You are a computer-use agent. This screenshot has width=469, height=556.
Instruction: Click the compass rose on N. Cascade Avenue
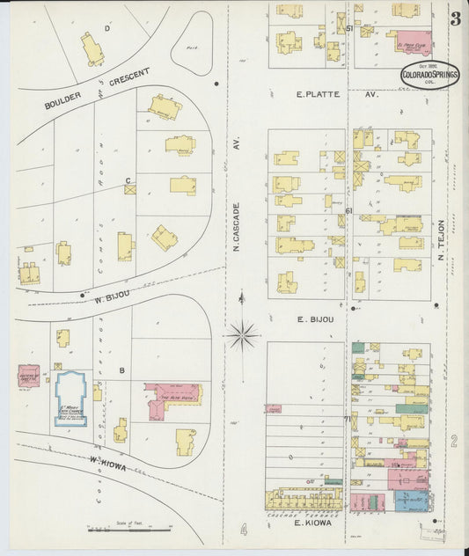click(242, 334)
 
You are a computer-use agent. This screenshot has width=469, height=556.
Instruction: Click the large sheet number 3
click(456, 19)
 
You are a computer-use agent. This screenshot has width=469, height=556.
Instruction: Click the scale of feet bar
click(128, 530)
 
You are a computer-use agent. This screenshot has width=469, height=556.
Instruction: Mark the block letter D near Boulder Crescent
click(107, 28)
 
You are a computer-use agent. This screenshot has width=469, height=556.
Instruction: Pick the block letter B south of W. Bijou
click(122, 369)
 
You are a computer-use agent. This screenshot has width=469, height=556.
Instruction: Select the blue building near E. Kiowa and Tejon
click(409, 501)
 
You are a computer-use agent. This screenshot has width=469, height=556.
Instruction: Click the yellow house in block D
click(92, 48)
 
